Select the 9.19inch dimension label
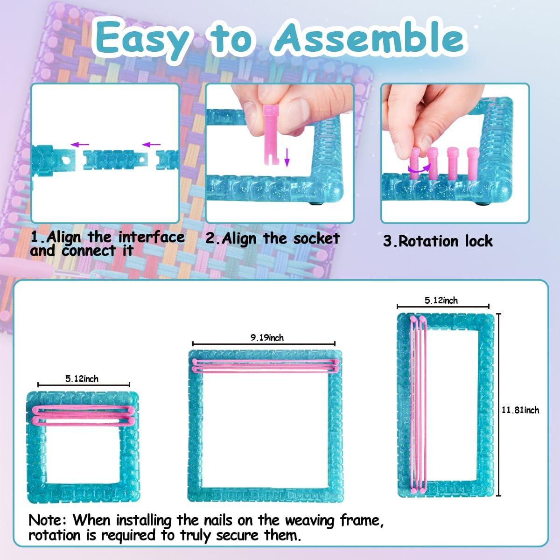[x=267, y=337]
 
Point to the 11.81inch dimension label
[x=520, y=410]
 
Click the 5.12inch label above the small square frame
[x=82, y=378]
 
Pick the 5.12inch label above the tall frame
[x=441, y=301]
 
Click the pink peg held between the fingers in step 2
[x=272, y=135]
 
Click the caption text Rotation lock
[x=438, y=241]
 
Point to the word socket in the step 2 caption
[x=316, y=238]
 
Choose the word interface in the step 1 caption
[x=151, y=237]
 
